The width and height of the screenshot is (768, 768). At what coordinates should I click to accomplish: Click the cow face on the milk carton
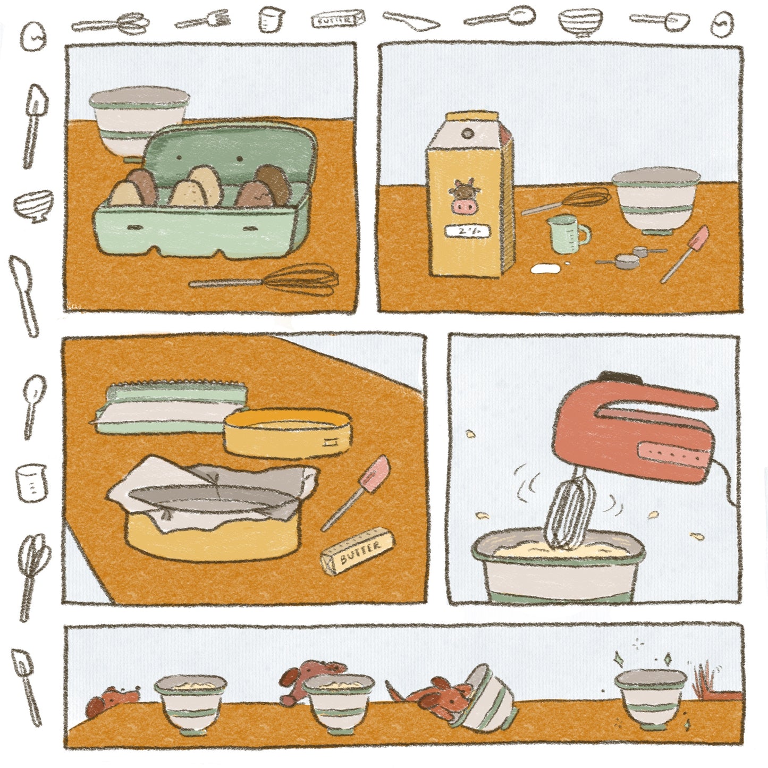point(465,197)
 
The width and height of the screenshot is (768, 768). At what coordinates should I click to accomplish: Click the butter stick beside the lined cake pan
point(358,551)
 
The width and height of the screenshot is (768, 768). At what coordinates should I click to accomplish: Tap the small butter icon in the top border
point(337,20)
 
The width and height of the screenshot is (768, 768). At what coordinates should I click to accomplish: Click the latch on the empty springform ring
point(333,441)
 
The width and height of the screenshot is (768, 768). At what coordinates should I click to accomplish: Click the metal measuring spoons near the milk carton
point(630,256)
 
